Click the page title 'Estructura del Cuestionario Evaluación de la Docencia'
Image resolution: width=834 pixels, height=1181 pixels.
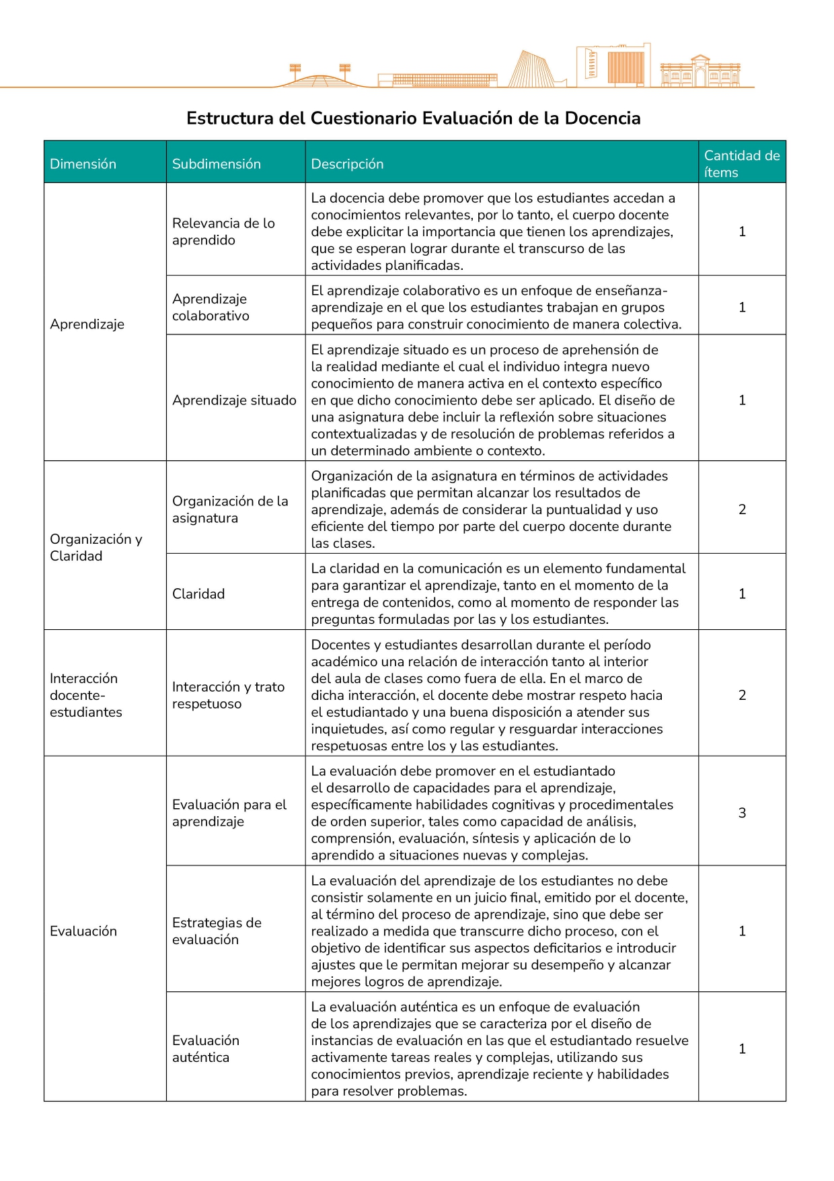pos(413,118)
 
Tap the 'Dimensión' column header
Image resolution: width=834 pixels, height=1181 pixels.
pos(83,164)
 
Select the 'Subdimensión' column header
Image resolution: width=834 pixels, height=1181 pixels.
pos(216,164)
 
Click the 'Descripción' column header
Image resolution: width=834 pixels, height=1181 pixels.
pos(347,164)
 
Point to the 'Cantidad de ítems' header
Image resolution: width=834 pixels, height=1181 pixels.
pos(741,164)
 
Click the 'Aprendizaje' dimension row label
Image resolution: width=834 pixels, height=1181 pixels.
pos(87,324)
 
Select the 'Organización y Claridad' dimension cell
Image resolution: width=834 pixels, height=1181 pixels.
pos(96,547)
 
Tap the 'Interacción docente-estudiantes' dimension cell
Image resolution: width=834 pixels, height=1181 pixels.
pos(85,694)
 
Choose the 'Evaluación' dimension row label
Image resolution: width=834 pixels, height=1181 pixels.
pos(83,931)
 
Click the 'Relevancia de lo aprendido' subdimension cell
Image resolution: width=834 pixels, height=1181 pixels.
pos(223,231)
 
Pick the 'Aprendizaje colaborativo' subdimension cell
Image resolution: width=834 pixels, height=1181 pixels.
pos(211,307)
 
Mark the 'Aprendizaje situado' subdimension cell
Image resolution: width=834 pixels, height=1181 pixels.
pos(234,400)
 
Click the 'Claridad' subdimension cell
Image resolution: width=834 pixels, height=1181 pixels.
pos(198,594)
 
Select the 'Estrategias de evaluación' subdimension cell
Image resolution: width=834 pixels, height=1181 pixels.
pos(217,931)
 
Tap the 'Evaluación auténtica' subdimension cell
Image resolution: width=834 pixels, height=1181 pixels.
pos(206,1048)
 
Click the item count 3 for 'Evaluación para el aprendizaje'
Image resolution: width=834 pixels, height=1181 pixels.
pos(742,813)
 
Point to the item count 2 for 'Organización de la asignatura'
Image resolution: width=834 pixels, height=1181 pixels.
pos(742,509)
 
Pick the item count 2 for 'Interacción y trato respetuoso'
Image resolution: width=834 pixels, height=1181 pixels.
pos(742,695)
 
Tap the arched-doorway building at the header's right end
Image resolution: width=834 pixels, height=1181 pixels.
pos(700,72)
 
